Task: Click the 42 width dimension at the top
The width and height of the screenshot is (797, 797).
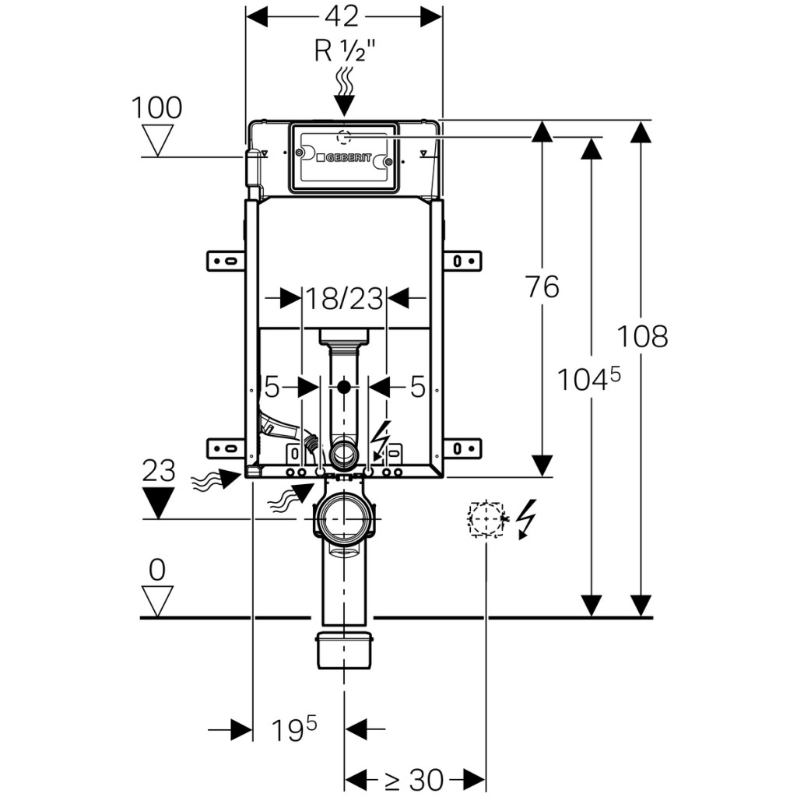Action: coord(343,15)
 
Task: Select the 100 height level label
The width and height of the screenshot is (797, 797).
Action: coord(156,107)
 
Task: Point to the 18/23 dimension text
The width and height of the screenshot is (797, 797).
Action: coord(344,297)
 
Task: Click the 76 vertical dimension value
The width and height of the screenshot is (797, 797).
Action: coord(542,287)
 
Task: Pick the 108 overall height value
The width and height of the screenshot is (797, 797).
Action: coord(642,336)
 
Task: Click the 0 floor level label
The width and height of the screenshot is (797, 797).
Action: coord(157,571)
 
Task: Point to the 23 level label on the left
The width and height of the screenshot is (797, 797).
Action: coord(159,471)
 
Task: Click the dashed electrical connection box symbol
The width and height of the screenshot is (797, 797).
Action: coord(485,519)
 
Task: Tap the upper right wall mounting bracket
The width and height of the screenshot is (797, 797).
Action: coord(461,259)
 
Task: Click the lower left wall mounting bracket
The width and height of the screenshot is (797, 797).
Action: coord(226,448)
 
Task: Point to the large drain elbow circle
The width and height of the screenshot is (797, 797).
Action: coord(343,517)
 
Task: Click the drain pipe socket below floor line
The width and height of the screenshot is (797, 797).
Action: coord(346,650)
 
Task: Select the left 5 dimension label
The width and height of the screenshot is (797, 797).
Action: coord(272,386)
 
